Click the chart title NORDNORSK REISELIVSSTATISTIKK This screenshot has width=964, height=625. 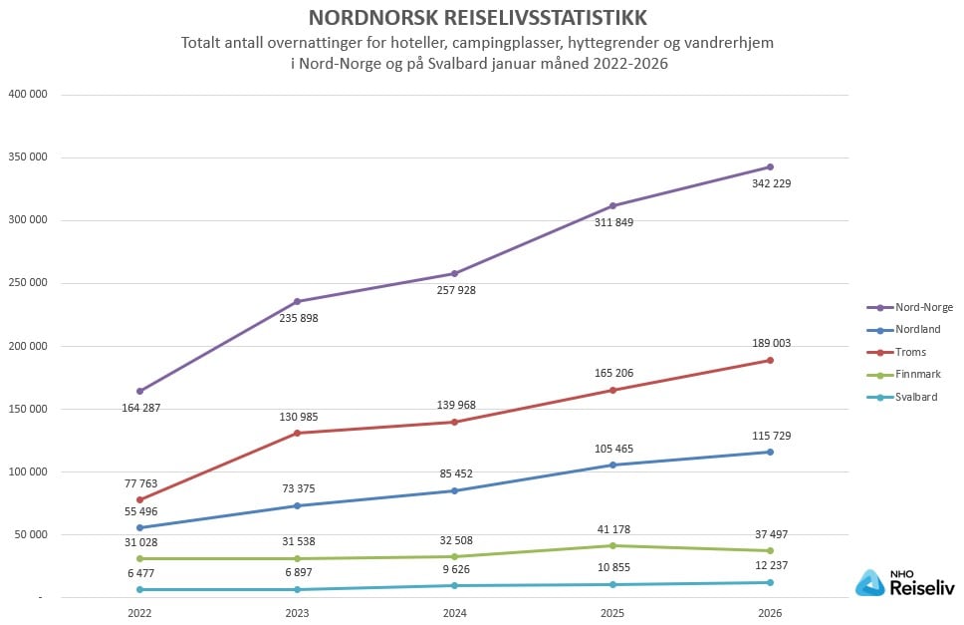[477, 18]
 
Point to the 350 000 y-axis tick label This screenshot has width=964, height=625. [30, 157]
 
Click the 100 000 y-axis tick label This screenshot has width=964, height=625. [30, 471]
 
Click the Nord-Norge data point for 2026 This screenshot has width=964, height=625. [770, 166]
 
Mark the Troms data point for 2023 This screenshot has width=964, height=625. [297, 433]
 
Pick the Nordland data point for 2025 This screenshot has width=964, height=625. [612, 465]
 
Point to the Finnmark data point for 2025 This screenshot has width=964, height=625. [612, 545]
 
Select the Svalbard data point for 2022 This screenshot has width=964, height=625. [139, 589]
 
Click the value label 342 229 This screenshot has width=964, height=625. [770, 183]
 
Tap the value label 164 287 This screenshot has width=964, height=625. [139, 408]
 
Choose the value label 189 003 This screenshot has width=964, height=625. [770, 343]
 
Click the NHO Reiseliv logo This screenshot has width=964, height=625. [904, 583]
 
